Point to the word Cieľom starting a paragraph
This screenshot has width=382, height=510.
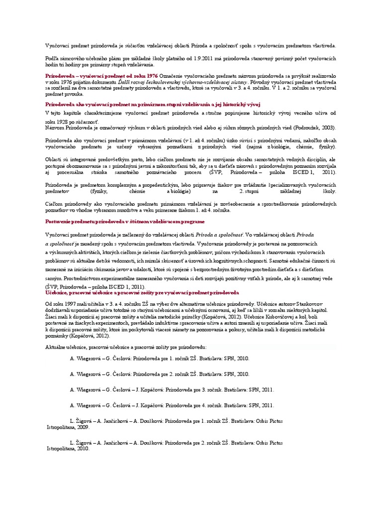coord(53,204)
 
